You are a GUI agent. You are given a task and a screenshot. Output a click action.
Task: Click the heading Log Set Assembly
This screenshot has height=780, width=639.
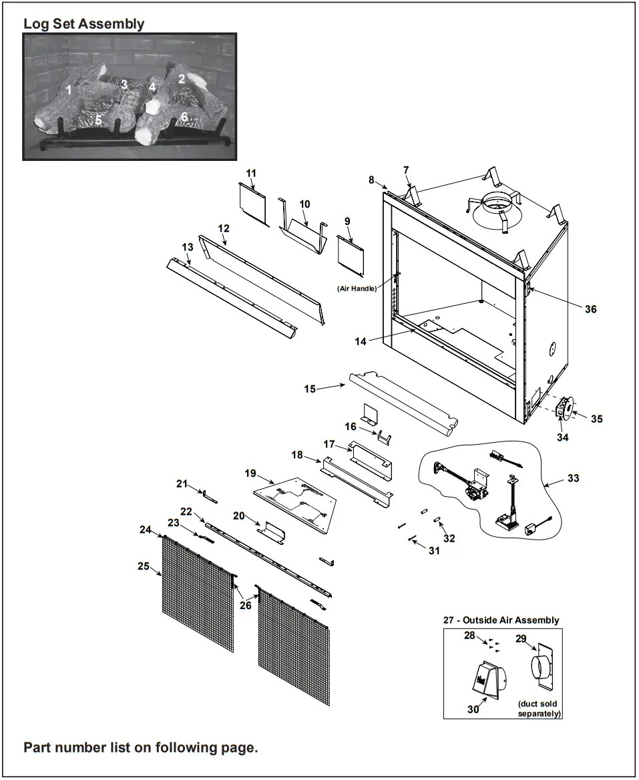[x=83, y=24]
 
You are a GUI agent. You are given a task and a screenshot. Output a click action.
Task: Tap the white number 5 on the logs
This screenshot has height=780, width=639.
[x=98, y=121]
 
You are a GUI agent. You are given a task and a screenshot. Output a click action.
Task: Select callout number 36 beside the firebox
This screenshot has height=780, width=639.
[x=590, y=309]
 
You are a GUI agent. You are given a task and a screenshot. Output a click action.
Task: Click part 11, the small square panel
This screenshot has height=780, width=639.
[x=253, y=203]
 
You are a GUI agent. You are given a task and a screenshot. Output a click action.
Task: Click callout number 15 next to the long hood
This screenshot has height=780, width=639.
[x=310, y=389]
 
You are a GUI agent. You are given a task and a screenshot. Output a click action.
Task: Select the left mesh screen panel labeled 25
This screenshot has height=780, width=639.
[x=198, y=594]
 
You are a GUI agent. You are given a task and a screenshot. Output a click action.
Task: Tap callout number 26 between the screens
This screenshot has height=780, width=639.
[x=246, y=605]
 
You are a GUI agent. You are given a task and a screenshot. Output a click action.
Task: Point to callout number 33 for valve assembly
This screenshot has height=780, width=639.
[x=574, y=478]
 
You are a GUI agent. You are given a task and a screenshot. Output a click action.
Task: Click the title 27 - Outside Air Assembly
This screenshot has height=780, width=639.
[x=501, y=620]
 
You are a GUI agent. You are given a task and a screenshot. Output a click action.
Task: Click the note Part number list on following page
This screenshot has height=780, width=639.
[x=140, y=747]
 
